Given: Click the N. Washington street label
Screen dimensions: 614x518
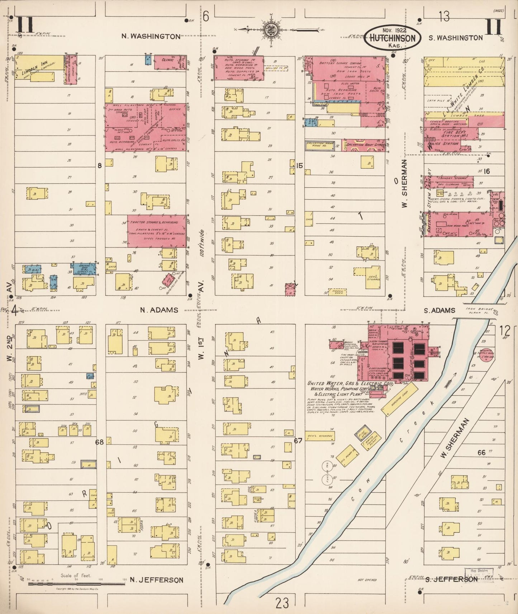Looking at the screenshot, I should click(151, 36).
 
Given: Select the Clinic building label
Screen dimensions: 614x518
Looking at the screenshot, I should click(167, 60).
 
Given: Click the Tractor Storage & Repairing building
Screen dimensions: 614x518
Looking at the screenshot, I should click(157, 231).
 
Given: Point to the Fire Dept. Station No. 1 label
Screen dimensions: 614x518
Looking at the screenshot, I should click(451, 134).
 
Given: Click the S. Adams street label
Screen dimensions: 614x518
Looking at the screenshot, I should click(439, 311).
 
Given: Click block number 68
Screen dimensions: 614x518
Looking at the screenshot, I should click(99, 442).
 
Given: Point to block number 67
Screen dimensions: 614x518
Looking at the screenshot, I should click(298, 441).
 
